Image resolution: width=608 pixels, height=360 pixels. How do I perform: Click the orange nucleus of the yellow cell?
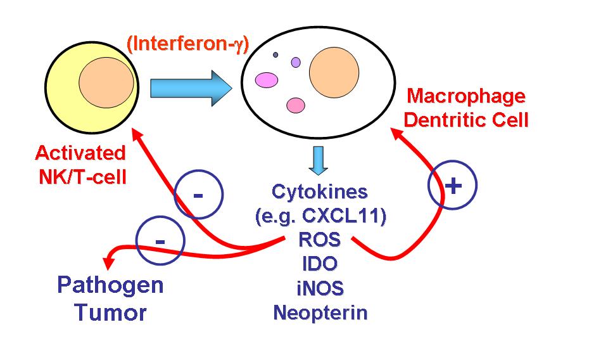point(106,83)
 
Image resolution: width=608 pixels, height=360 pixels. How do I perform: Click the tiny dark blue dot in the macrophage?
point(275,55)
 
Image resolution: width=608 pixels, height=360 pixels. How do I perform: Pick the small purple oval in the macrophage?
point(296,62)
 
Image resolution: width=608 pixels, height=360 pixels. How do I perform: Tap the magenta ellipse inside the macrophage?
point(267,80)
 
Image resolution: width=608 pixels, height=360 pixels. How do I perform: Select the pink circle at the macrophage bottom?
point(296,105)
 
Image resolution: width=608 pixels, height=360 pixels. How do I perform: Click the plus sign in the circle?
point(452,186)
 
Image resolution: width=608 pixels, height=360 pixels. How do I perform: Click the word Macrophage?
point(465,96)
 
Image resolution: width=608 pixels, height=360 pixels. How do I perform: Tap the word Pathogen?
point(110,285)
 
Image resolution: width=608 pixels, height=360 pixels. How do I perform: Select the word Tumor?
point(110,312)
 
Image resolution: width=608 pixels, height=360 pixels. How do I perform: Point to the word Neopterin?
point(320,312)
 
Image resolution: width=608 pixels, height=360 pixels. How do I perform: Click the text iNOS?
point(320,288)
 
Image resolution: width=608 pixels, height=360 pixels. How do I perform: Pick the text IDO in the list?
point(320,264)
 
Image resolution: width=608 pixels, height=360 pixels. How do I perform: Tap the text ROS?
point(320,240)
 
